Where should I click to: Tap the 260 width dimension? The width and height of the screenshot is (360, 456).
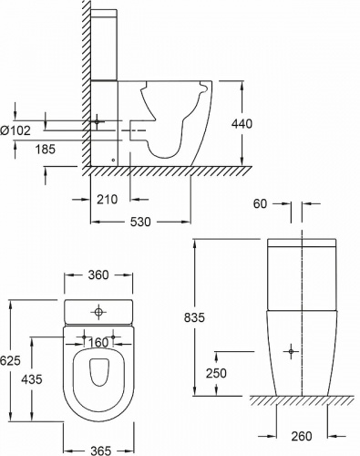(302, 437)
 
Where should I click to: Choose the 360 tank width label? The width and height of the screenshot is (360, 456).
(98, 275)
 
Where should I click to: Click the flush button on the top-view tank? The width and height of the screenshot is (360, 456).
(98, 312)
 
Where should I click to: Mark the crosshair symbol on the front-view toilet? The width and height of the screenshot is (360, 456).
(291, 350)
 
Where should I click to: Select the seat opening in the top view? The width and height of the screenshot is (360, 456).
(98, 376)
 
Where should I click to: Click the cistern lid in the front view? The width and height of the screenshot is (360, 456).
(302, 244)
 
